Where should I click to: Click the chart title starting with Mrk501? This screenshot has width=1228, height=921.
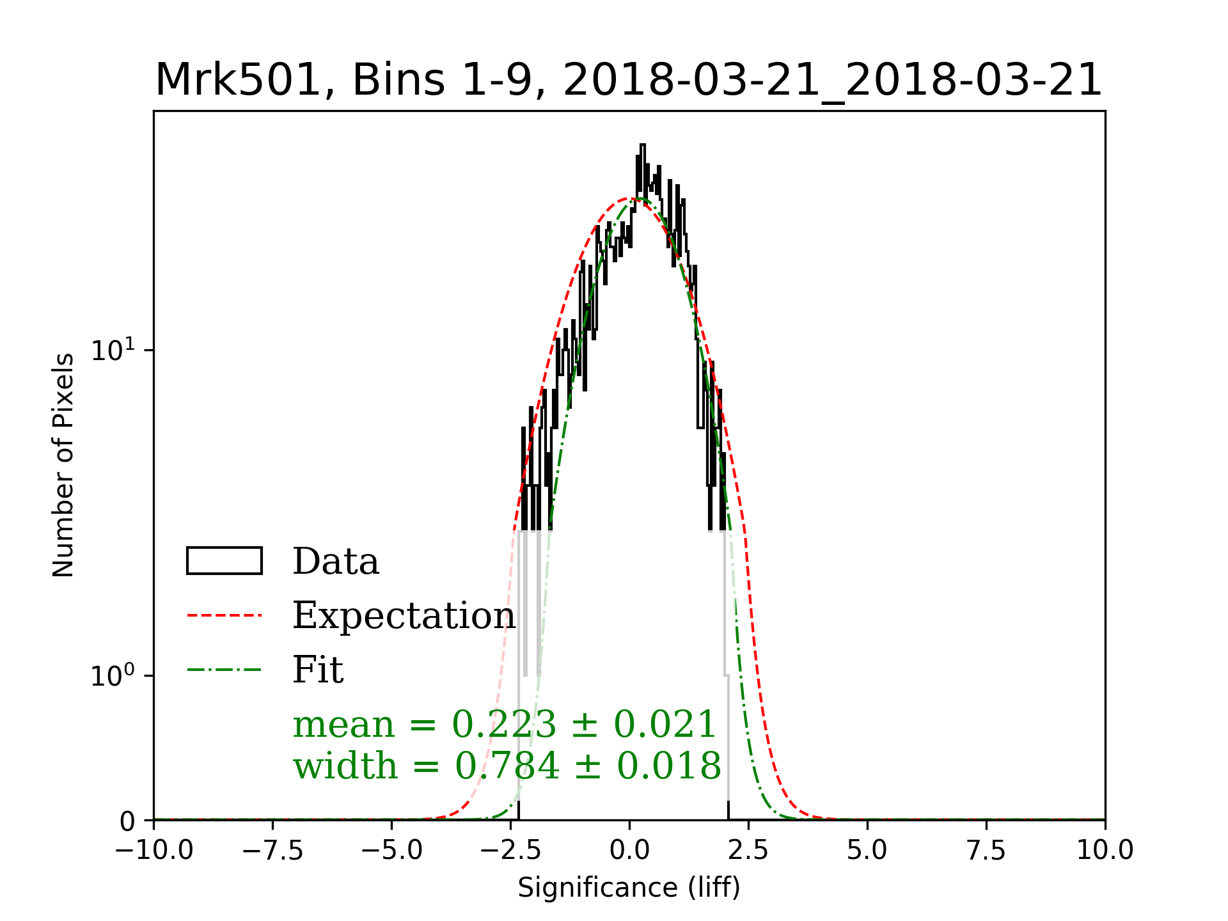[629, 81]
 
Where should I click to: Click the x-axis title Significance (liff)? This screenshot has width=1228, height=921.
[629, 888]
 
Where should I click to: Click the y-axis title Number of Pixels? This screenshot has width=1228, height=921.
[63, 465]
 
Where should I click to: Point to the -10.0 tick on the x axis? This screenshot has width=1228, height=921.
[154, 850]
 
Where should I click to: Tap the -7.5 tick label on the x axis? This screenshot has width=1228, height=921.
[273, 850]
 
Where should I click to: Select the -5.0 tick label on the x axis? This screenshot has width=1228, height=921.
[392, 850]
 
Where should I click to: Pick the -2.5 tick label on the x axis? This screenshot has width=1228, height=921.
[511, 850]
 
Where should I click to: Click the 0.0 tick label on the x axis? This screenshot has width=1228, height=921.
[629, 850]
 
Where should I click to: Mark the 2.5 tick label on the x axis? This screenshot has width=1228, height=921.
[748, 850]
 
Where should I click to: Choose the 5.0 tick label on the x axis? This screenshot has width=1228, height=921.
[867, 850]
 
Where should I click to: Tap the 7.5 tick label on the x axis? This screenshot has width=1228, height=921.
[986, 850]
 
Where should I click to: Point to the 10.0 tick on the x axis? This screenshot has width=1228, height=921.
[1105, 850]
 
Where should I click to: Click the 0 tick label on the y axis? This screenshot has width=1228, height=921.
[127, 821]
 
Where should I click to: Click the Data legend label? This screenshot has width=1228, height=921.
[336, 562]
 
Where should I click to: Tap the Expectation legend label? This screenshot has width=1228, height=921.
[404, 615]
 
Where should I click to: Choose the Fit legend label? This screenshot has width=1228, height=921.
[318, 670]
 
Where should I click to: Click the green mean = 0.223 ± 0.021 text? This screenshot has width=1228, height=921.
[504, 725]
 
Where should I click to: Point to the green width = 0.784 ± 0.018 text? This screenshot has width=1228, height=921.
[507, 766]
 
